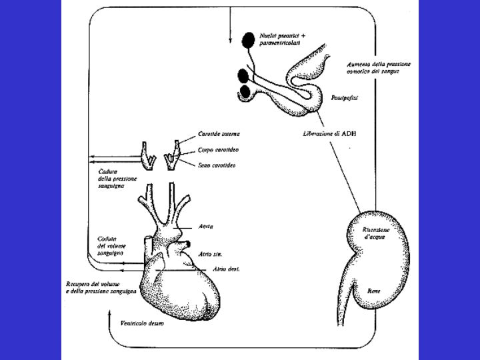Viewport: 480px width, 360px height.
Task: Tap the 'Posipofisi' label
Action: tap(345, 97)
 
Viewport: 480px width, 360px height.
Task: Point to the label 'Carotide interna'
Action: tap(215, 134)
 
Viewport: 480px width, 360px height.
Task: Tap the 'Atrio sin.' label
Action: tap(209, 254)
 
